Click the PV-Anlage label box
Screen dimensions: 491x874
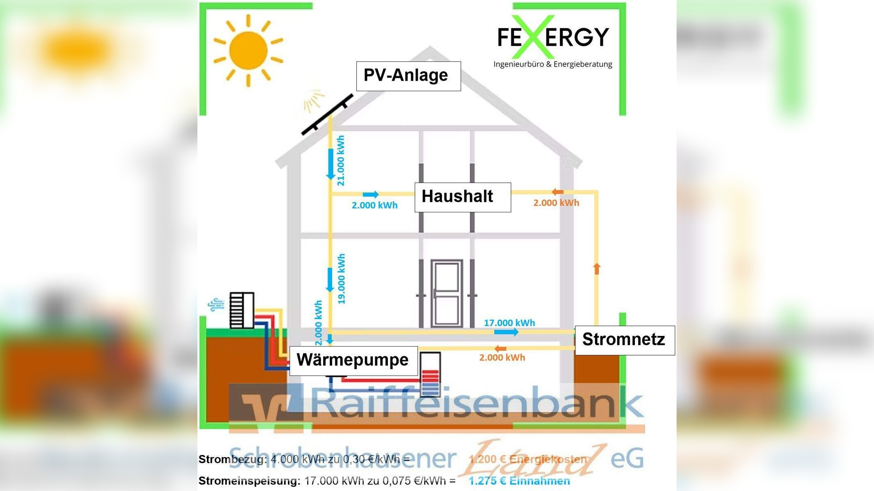(408, 76)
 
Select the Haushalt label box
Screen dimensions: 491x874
(462, 197)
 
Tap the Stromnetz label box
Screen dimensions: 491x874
(625, 340)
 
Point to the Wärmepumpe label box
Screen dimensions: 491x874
(353, 360)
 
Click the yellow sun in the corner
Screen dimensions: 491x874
(248, 51)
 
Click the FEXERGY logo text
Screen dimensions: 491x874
(553, 37)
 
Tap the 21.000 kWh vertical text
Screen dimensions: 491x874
(341, 160)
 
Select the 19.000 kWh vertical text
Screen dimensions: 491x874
(342, 279)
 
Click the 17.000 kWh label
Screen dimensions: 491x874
(509, 323)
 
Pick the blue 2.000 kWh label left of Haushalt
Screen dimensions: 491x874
(374, 205)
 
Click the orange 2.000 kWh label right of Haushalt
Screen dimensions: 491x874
(556, 203)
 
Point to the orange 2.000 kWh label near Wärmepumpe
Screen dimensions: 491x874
(502, 358)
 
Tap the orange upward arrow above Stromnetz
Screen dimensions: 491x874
(597, 268)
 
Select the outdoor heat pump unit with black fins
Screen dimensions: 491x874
(242, 310)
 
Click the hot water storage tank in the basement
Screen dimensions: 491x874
(430, 374)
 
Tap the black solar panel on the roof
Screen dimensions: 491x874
(327, 115)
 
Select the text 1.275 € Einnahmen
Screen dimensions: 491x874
(519, 481)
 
